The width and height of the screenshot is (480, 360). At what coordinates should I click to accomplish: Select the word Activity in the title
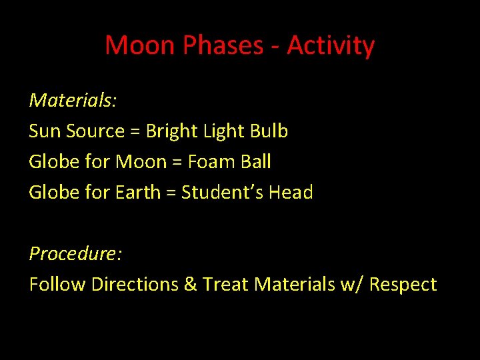point(331,46)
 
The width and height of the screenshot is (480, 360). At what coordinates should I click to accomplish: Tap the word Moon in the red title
point(140,46)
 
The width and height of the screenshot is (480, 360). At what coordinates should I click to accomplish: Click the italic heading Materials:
point(73,101)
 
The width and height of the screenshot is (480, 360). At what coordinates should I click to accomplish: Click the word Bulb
point(269,131)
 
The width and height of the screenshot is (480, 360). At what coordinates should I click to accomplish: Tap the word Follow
point(57,285)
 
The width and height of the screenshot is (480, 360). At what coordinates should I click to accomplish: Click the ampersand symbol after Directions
point(190,285)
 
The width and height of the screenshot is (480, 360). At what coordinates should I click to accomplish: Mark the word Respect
point(403,285)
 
